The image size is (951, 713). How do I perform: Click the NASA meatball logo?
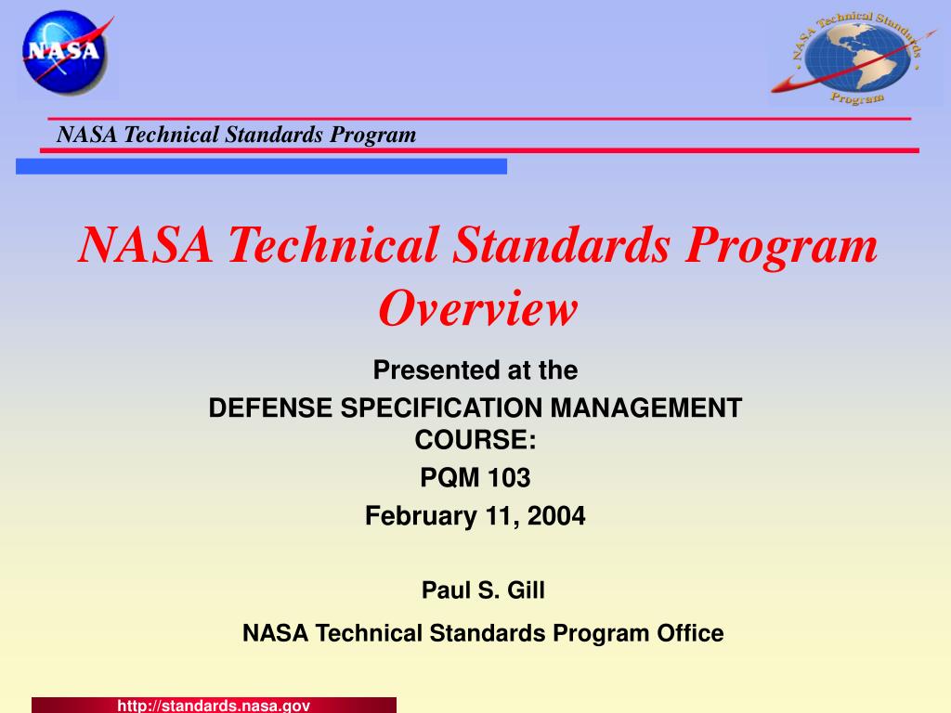(x=65, y=50)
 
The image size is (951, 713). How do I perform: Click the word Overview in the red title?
(x=477, y=308)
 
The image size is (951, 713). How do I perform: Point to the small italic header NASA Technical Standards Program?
(x=236, y=135)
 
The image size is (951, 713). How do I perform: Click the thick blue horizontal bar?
(x=261, y=166)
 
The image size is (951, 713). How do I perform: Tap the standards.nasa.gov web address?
(x=214, y=706)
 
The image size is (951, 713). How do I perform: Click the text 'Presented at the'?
(x=475, y=370)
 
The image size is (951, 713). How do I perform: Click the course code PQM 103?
(x=475, y=478)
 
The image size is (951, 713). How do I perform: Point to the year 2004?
(x=557, y=515)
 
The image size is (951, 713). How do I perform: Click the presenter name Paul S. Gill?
(x=483, y=590)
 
